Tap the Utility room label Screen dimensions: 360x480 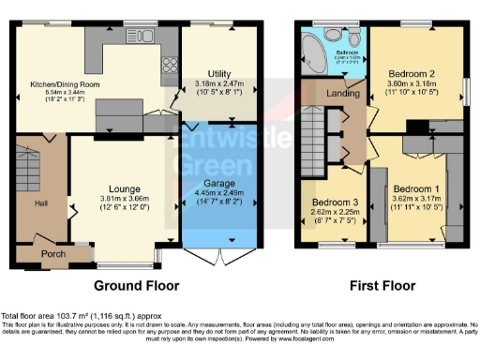point(219,72)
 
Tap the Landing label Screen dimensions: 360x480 point(338,94)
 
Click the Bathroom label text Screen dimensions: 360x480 point(348,51)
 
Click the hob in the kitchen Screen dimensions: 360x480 point(172,65)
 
